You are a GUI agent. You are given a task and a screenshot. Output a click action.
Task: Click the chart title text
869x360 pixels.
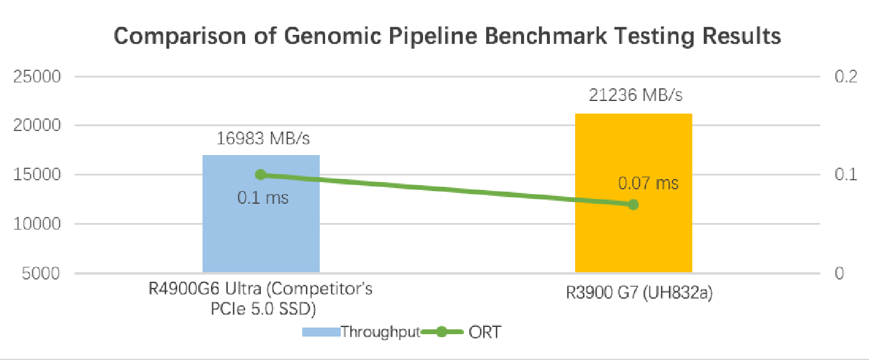click(x=447, y=36)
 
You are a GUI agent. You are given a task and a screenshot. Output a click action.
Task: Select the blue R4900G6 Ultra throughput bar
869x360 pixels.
click(x=261, y=228)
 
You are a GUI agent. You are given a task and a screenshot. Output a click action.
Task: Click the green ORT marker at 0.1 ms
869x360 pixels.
click(x=261, y=175)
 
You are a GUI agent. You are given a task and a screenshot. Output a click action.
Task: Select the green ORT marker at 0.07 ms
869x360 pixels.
click(x=633, y=204)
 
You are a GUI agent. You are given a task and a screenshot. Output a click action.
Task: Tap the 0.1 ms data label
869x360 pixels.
click(x=263, y=197)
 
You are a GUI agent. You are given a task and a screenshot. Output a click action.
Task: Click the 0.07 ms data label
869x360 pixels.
click(x=648, y=182)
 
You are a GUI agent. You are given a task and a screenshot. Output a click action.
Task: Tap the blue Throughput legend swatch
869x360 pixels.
click(x=321, y=332)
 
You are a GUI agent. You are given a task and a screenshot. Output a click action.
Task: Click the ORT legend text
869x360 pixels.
click(x=484, y=332)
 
